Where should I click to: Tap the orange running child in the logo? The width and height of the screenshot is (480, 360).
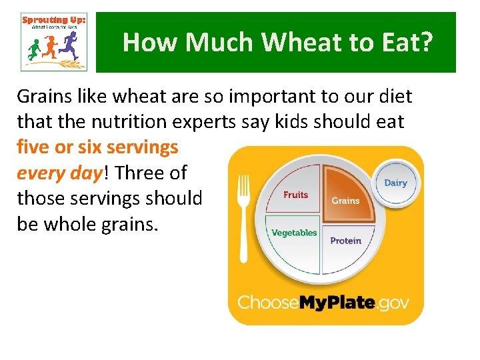(50, 47)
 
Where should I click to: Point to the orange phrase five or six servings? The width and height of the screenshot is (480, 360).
(97, 147)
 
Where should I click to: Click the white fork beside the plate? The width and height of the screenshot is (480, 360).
(244, 213)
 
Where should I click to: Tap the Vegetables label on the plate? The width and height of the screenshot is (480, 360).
(294, 233)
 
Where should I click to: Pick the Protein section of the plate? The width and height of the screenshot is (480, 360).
(345, 241)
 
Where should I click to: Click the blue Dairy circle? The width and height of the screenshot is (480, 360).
(396, 183)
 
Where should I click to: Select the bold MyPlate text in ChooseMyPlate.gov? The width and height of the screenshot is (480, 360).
(336, 302)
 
